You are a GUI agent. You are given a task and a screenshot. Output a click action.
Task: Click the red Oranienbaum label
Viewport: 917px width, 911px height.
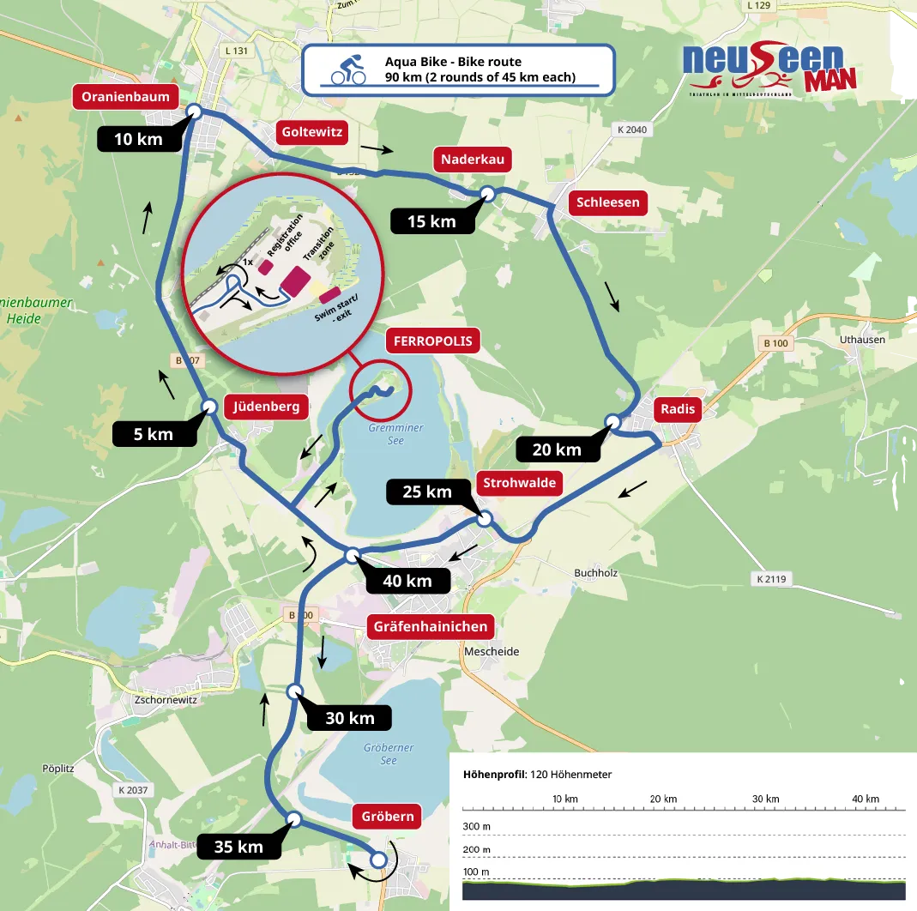126,97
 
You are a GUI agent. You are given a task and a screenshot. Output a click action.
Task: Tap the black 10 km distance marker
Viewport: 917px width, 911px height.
137,139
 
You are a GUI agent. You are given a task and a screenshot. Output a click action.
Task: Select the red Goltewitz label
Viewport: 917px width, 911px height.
312,132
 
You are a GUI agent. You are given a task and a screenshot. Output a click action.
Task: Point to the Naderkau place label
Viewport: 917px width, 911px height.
473,160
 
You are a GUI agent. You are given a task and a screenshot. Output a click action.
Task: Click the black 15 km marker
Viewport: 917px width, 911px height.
431,221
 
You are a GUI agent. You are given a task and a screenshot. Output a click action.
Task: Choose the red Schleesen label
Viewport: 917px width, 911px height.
608,202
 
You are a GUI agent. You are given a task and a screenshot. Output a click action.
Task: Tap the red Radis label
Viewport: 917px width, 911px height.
675,409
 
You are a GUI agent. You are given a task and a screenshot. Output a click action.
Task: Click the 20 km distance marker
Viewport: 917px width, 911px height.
556,449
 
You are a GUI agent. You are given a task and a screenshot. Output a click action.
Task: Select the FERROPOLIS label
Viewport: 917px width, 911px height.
433,341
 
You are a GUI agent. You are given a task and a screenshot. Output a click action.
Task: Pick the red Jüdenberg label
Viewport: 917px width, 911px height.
267,407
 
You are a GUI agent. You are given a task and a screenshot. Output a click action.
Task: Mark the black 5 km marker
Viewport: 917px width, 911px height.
154,434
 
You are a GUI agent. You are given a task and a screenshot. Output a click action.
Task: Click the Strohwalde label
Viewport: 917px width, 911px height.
520,483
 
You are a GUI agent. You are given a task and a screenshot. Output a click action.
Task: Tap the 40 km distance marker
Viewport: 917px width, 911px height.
407,581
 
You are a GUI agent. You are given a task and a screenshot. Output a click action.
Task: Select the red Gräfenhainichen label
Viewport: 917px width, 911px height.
431,626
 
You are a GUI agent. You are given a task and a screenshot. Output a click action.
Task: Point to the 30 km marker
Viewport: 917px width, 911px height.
349,718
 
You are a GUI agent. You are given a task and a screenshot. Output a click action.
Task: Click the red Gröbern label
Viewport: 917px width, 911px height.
388,816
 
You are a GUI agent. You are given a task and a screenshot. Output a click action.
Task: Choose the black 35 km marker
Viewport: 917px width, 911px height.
238,847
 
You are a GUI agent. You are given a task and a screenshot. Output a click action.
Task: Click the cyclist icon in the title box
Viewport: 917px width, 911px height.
348,69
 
